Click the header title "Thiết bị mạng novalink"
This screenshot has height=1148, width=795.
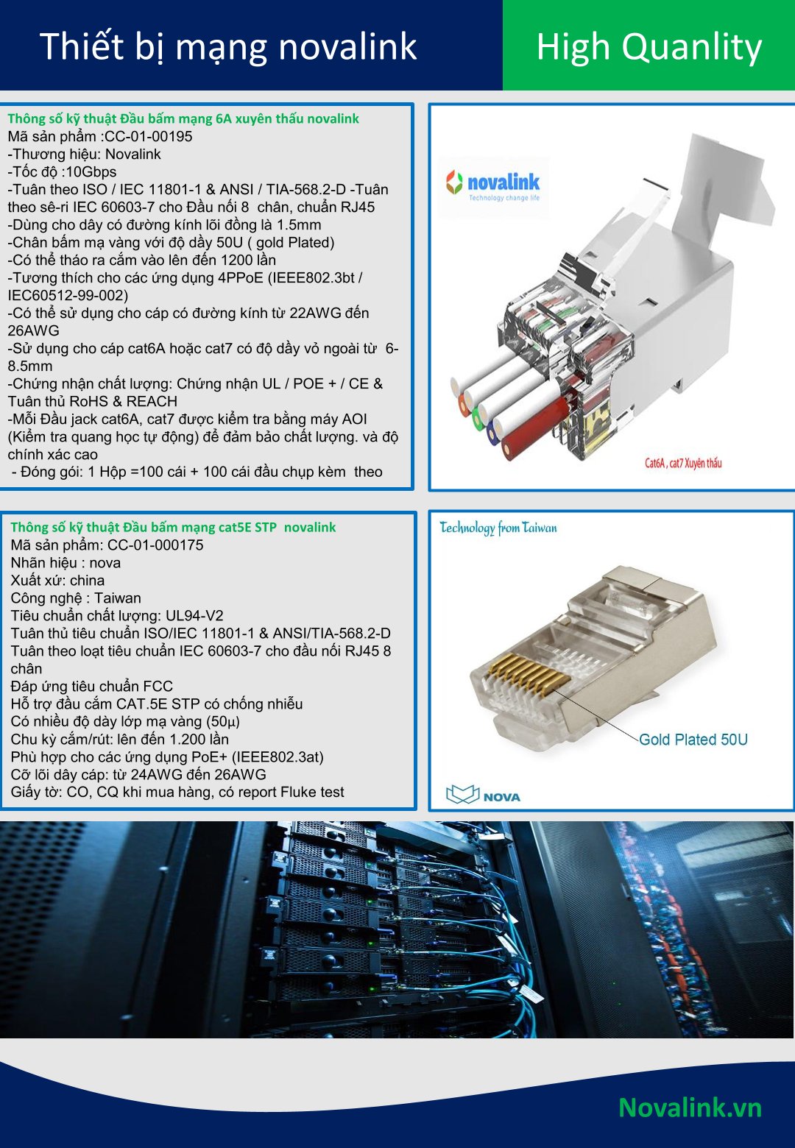[x=228, y=47]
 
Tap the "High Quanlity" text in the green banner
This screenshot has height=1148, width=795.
[x=649, y=48]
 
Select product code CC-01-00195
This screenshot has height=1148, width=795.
[x=149, y=136]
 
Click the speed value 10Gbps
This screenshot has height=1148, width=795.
[x=91, y=171]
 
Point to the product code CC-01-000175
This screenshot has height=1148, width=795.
[x=155, y=545]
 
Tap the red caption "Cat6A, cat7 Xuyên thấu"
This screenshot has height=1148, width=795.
[x=683, y=464]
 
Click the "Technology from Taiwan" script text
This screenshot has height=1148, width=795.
[x=498, y=528]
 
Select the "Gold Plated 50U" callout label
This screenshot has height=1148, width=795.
[x=693, y=740]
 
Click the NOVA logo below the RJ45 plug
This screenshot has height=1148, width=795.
[x=483, y=794]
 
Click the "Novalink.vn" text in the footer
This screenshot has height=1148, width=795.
[x=690, y=1108]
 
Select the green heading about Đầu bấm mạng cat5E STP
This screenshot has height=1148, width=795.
[x=173, y=527]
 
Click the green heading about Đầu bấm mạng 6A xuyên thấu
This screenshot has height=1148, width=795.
[x=183, y=119]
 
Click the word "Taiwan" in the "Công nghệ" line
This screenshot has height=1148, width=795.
[x=117, y=598]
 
